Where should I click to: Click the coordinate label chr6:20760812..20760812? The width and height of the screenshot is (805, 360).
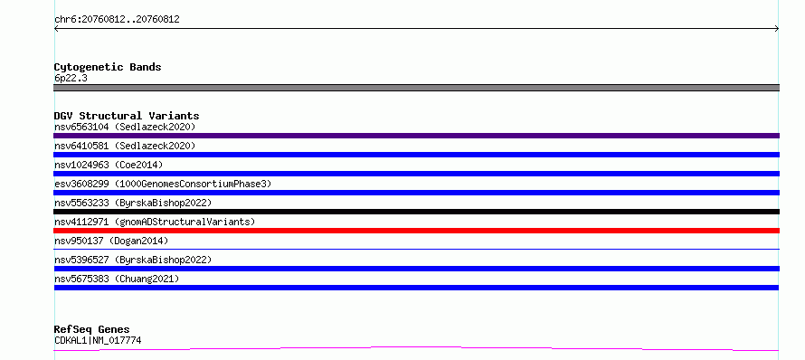117,20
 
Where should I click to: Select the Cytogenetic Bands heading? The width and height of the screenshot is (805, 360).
108,67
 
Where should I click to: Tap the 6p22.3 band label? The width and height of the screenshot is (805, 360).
71,79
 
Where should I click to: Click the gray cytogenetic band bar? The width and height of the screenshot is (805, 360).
416,88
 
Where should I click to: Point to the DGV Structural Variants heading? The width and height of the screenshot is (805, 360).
127,116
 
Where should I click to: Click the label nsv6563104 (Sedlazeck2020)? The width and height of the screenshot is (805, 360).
125,127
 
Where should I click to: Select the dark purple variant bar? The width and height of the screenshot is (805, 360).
416,136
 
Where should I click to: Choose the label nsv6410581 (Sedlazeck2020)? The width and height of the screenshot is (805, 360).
125,146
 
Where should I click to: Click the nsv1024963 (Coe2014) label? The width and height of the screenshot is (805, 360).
109,165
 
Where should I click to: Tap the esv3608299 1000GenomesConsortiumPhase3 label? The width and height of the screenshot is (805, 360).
163,184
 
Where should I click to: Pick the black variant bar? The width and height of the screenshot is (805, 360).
416,212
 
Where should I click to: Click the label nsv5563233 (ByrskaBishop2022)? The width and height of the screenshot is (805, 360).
133,203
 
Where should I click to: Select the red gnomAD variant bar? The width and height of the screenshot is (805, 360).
416,231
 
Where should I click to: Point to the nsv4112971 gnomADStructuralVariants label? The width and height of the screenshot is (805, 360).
155,222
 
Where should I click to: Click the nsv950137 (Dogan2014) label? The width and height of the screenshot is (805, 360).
111,241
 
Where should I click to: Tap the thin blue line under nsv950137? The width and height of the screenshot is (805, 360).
416,250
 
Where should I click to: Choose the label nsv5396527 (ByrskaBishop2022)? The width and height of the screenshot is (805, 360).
133,260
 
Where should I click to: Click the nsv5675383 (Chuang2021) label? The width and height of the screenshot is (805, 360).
117,279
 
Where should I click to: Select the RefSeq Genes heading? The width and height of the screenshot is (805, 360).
92,330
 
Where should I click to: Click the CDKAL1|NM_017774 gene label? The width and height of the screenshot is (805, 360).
98,340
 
